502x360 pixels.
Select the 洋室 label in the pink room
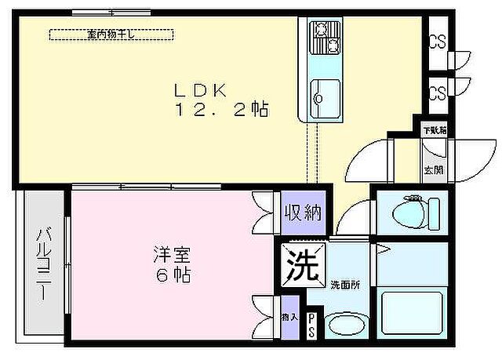coord(172,256)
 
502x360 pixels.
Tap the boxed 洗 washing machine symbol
coord(302,264)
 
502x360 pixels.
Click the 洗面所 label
coord(345,285)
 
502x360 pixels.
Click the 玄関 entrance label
coord(433,169)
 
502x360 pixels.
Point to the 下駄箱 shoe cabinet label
coord(434,130)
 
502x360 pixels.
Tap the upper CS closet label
coord(438,42)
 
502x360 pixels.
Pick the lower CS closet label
coord(438,93)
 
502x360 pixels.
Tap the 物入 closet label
coord(289,317)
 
